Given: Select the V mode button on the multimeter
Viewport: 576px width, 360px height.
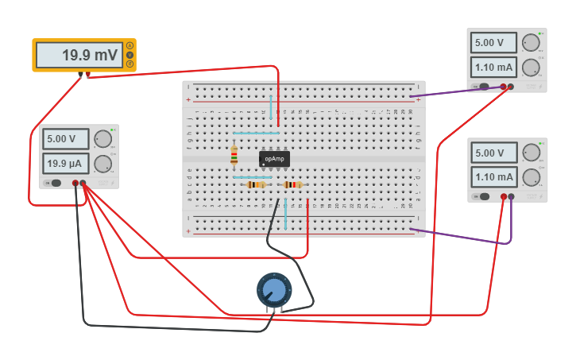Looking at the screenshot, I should coord(130,55).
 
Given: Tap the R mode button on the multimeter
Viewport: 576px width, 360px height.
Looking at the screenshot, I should coord(130,64).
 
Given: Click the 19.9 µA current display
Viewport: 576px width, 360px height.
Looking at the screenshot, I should coord(66,164).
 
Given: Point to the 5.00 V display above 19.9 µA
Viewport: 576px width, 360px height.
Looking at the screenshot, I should coord(66,138).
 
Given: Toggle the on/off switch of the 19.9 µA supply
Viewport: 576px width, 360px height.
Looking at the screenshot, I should coord(55,183).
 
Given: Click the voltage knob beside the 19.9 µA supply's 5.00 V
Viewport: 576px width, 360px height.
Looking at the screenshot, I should coord(102,139).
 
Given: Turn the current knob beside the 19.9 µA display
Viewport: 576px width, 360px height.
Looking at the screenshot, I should coord(102,165).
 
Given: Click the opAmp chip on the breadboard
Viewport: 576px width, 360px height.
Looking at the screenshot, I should coord(274,159).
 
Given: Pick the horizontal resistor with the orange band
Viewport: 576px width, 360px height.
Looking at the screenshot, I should coord(255,184).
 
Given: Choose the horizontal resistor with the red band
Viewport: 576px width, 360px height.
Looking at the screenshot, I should coord(293,184).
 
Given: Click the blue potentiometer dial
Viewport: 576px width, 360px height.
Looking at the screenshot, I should coord(274,289).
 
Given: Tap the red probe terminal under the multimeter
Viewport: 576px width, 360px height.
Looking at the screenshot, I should coord(88,75).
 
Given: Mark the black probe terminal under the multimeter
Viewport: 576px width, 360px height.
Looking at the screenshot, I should coord(81,75).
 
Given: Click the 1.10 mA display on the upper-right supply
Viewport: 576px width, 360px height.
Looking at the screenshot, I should coord(493,67).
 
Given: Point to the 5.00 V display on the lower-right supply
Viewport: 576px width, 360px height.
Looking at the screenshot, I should coord(493,152).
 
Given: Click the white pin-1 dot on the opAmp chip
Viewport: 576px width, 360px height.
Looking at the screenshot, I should coord(264,165).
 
